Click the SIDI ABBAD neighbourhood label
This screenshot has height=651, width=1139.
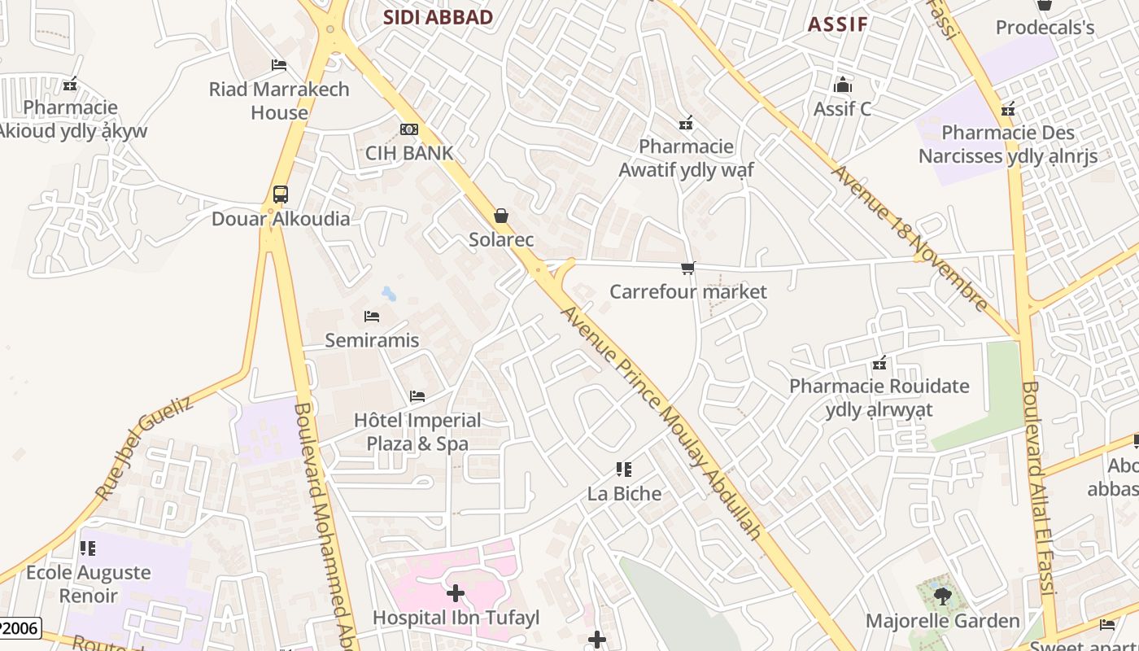(x=438, y=17)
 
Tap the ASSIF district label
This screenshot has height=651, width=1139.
(x=838, y=24)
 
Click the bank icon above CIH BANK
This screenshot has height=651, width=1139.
(x=409, y=129)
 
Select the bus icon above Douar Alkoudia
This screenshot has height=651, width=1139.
(x=281, y=194)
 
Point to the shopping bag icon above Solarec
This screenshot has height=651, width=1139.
(x=501, y=216)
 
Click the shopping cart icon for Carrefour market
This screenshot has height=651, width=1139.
(x=688, y=268)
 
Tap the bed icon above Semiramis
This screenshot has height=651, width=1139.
(x=372, y=316)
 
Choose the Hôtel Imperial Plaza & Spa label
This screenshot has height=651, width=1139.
(x=417, y=432)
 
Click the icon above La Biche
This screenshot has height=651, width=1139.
(x=624, y=470)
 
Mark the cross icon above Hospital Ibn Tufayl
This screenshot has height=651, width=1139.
(x=456, y=593)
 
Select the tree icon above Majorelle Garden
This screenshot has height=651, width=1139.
(x=942, y=596)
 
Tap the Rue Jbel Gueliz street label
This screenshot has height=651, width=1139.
(x=143, y=448)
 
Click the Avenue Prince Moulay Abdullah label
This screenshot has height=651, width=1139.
(x=661, y=423)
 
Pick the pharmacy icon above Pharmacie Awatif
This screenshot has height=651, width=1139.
(x=686, y=123)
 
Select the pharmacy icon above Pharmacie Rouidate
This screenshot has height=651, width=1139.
(x=879, y=362)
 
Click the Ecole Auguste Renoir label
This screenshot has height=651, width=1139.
(x=88, y=583)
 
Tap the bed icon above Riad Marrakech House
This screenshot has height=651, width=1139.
(x=279, y=65)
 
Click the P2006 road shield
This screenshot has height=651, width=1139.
(x=18, y=628)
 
